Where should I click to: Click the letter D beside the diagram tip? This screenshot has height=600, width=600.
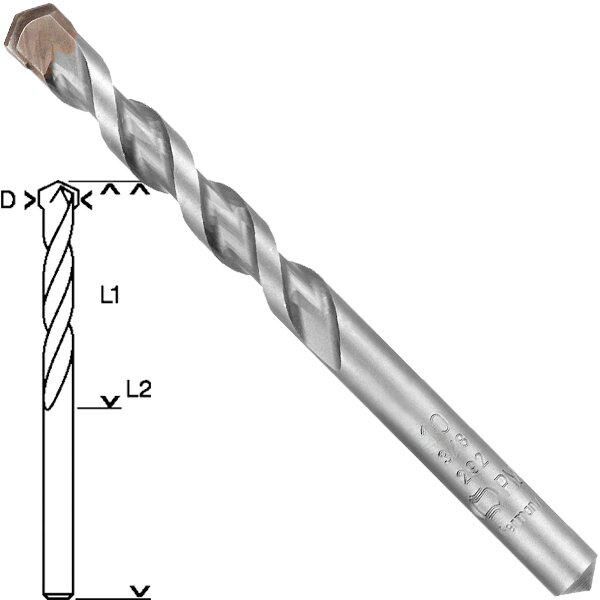tap(8, 201)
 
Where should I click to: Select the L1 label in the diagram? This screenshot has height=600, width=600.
tap(110, 295)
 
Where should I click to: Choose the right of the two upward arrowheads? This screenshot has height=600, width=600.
tap(141, 188)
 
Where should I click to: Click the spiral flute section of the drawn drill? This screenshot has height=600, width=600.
tap(58, 300)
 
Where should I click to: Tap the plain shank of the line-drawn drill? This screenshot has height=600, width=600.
tap(58, 500)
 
